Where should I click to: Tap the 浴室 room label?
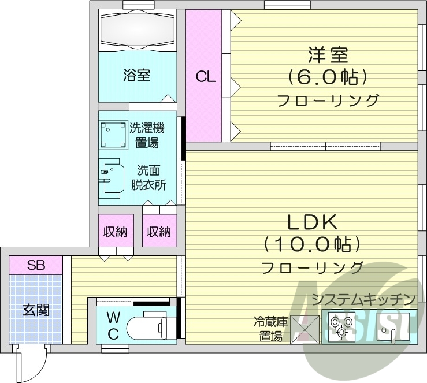tap(137, 75)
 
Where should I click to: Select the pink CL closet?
tap(205, 76)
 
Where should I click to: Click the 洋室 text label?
tap(327, 55)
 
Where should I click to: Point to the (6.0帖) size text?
tap(327, 77)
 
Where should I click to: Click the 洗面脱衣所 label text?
tap(151, 178)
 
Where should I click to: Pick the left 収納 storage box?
tap(115, 231)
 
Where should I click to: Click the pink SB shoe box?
tap(36, 265)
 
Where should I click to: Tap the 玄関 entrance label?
tap(36, 310)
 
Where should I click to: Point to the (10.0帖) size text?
tap(312, 244)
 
